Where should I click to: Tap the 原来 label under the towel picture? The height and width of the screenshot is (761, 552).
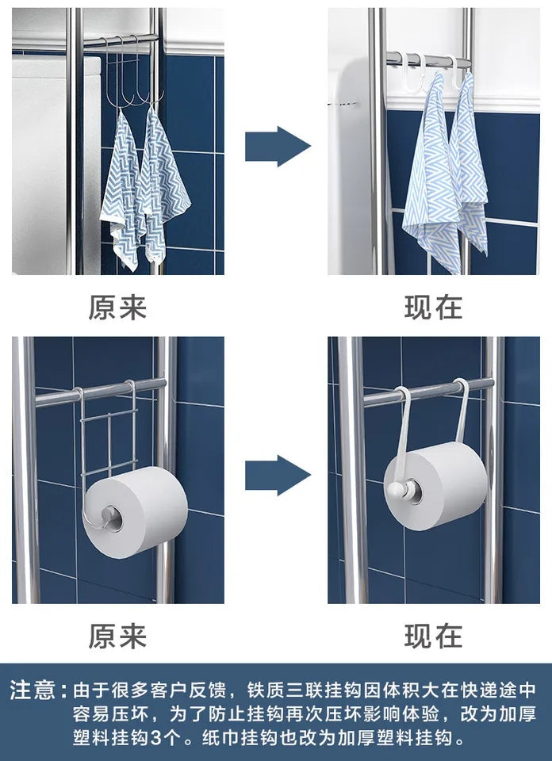117,307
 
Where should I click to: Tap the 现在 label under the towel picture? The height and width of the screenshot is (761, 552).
433,307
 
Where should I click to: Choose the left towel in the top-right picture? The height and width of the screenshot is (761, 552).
432,174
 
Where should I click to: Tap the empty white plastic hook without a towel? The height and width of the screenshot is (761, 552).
412,63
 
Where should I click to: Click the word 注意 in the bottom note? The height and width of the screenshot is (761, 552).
33,689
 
